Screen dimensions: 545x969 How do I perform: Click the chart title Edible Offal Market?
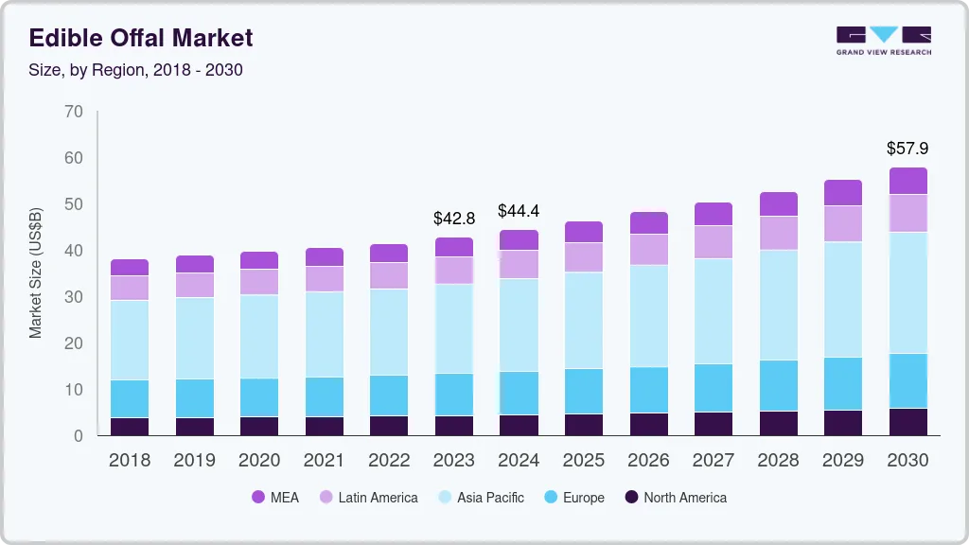coord(141,38)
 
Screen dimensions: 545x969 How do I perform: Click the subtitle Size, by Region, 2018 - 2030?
coord(135,70)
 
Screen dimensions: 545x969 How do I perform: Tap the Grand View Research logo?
coord(883,40)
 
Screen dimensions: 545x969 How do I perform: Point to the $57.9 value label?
coord(907,149)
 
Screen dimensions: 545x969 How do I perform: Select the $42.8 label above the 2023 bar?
coord(453,219)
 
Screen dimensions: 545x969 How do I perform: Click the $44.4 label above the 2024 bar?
coord(519,211)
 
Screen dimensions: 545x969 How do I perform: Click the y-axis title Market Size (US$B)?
coord(35,272)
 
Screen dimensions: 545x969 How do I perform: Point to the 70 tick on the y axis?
coord(74,112)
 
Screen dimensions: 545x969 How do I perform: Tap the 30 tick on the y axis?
coord(74,297)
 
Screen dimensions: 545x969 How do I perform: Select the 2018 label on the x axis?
coord(129,461)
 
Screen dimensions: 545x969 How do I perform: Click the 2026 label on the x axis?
coord(648,461)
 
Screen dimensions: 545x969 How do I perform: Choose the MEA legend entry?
coord(274,498)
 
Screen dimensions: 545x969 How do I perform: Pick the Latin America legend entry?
coord(367,498)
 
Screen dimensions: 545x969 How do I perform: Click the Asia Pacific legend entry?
coord(480,498)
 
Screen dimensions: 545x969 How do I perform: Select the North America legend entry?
coord(675,498)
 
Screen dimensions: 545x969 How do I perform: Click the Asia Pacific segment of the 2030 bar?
coord(907,292)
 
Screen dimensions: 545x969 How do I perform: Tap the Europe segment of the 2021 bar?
coord(324,396)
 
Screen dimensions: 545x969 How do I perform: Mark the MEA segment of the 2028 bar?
coord(778,203)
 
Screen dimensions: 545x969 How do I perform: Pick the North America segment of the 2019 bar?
coord(194,427)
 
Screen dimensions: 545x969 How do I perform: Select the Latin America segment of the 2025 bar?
coord(583,257)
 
